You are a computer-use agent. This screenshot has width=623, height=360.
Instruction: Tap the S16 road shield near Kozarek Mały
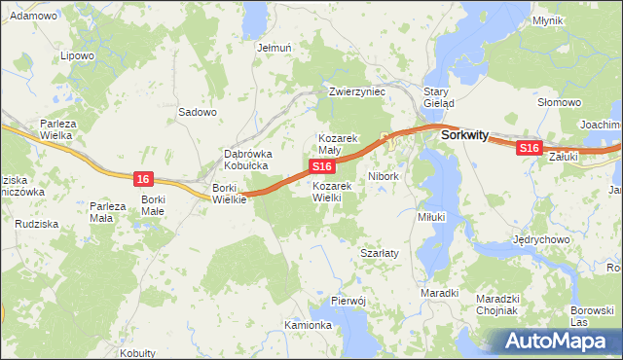pos(323,168)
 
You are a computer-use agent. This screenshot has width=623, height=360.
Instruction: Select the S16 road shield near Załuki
pos(529,147)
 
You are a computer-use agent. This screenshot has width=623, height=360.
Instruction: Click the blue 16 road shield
pos(143,178)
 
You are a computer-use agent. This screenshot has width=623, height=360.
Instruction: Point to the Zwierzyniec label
pos(358,91)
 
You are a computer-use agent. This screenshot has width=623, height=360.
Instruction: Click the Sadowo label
pos(197,112)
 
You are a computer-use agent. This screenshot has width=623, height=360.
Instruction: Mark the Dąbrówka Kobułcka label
pos(248,160)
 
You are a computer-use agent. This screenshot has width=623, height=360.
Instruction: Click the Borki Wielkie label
pos(230,193)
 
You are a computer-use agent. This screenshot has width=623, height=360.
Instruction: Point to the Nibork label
pos(384,177)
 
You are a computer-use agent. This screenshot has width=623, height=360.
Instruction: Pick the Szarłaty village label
pos(380,252)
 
